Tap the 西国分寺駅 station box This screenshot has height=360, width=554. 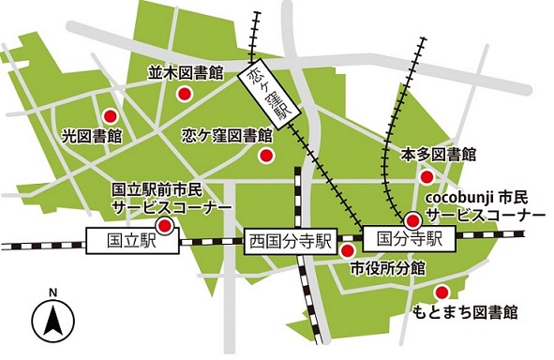tap(291, 241)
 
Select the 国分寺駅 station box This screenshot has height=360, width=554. tap(407, 238)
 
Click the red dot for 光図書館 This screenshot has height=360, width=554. tap(110, 116)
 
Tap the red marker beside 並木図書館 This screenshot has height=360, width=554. tap(186, 93)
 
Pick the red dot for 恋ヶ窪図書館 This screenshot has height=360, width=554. tap(267, 156)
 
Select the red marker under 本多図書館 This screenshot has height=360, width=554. tap(427, 176)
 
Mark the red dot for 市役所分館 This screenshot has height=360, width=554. tap(347, 250)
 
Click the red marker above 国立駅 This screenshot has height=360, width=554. tap(164, 226)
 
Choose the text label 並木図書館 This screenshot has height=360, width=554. tap(185, 71)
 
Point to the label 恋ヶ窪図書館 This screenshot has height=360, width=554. tap(226, 135)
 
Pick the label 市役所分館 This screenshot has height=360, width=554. tap(388, 268)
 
